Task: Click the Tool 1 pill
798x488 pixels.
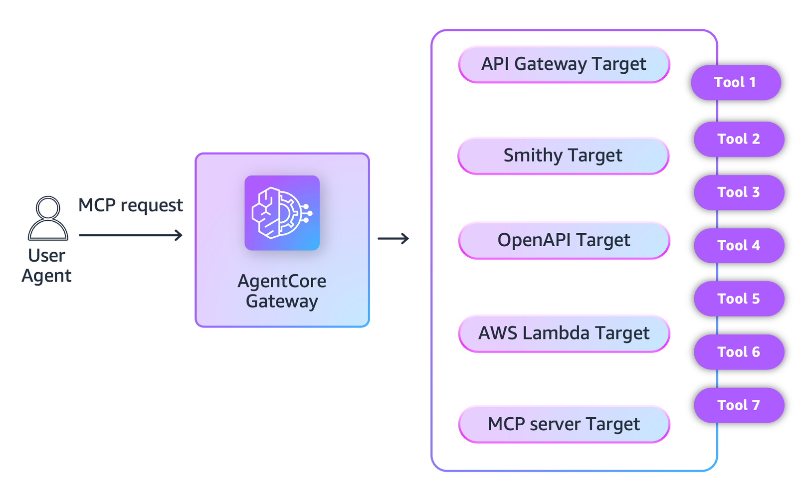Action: pos(735,83)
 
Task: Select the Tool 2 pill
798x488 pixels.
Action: pos(739,139)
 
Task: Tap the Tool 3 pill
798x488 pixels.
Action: pos(739,192)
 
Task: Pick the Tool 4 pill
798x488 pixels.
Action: pos(739,245)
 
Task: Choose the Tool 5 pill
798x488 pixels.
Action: pos(739,299)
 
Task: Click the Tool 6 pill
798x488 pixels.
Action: pos(739,352)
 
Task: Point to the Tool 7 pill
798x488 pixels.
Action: pos(739,405)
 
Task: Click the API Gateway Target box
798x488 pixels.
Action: pos(564,64)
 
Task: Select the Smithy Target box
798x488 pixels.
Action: pos(563,156)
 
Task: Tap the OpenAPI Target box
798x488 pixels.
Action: pos(564,240)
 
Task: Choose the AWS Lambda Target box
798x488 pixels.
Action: pos(564,333)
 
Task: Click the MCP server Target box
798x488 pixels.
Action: pos(564,424)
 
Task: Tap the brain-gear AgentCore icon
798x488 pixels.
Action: pos(282,213)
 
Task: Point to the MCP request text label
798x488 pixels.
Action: pos(131,205)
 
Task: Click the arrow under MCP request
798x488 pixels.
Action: pos(131,235)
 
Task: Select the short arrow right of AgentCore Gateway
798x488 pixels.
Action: pos(393,239)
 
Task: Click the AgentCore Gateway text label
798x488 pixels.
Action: pos(282,291)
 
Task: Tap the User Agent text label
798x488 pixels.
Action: pos(46,266)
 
